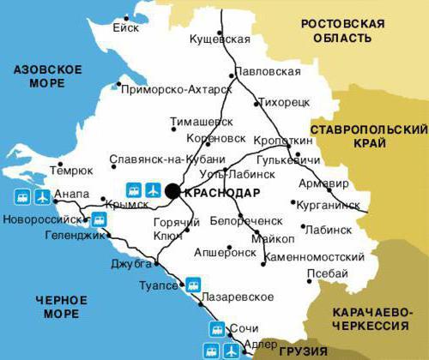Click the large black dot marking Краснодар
point(173,191)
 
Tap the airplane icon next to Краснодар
point(153,189)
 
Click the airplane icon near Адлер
point(230,351)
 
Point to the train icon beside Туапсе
point(195,283)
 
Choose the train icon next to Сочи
point(214,330)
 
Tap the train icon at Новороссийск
point(100,219)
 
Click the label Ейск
point(125,27)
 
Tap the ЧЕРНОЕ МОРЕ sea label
point(62,307)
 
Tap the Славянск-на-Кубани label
point(167,159)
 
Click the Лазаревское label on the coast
point(239,297)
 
